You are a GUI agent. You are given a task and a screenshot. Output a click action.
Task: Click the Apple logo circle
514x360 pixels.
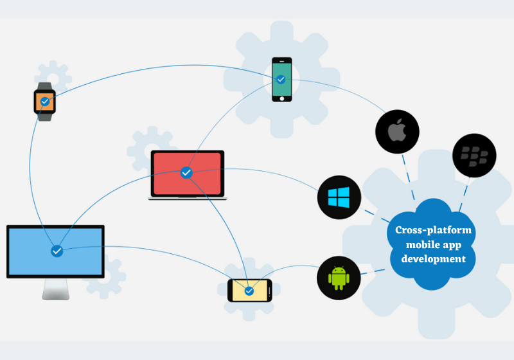click(x=397, y=132)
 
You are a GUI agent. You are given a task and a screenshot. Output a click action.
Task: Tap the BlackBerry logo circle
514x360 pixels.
click(x=474, y=154)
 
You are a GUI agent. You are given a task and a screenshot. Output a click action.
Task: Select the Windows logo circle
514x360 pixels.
click(x=339, y=197)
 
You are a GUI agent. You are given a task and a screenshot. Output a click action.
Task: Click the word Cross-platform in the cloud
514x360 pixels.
click(x=433, y=230)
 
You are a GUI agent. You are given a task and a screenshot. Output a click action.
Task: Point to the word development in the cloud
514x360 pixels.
click(x=433, y=259)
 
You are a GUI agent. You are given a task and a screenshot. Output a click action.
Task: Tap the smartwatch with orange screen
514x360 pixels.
click(x=45, y=102)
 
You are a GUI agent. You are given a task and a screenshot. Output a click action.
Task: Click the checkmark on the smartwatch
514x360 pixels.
click(x=45, y=102)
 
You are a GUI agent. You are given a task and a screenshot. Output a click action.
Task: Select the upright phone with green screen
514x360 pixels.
click(x=281, y=79)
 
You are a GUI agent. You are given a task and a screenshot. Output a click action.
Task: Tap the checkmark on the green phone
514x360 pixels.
click(x=281, y=79)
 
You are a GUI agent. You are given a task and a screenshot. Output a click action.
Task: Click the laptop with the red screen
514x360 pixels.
click(x=187, y=172)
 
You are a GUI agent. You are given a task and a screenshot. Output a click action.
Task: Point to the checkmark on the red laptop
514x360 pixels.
click(x=186, y=172)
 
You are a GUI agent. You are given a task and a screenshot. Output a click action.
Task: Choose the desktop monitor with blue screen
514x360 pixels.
click(x=55, y=251)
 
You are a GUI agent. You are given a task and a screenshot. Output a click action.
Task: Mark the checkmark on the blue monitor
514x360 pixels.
click(x=57, y=251)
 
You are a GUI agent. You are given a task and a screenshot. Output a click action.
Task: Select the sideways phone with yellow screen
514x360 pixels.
click(x=250, y=291)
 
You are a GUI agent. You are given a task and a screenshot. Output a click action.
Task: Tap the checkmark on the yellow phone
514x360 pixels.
click(x=249, y=291)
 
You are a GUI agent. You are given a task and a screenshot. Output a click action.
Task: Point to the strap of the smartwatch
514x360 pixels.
click(x=45, y=116)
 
